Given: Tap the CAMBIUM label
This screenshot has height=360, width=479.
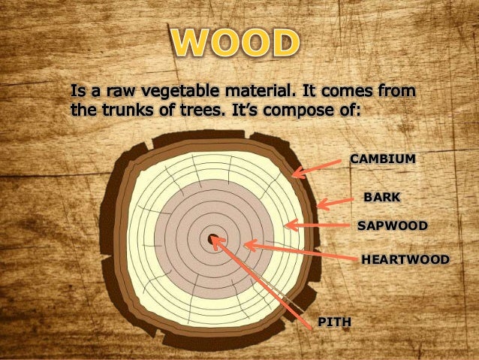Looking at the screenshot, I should point(383,159).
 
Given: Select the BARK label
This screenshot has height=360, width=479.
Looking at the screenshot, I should point(381,197).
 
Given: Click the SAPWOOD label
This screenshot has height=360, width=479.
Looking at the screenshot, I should point(392,225).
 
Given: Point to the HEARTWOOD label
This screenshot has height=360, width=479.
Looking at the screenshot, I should point(405,259).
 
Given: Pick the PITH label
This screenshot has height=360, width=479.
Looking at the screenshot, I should point(335,322).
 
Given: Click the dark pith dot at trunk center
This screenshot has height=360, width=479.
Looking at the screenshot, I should point(212,241).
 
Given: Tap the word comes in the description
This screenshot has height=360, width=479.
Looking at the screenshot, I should point(354,92).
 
